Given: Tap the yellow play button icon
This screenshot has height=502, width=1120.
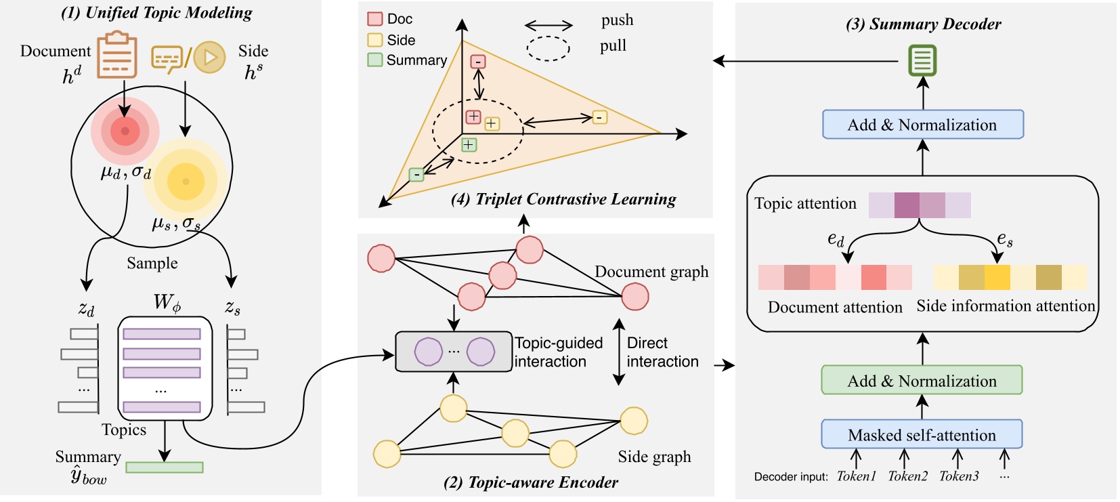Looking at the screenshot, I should coord(209,58).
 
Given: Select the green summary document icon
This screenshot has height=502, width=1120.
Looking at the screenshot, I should coord(922,60).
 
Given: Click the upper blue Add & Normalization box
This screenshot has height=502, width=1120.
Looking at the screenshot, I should coord(922,125).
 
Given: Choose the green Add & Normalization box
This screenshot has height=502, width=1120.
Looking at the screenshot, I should coord(922,381).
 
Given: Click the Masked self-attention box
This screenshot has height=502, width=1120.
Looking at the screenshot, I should coord(922,435).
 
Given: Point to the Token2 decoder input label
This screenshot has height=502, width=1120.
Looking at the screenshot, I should coord(907,476).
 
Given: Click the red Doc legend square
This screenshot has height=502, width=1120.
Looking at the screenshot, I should coord(374,19).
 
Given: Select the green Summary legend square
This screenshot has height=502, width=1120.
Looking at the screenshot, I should coord(374,60).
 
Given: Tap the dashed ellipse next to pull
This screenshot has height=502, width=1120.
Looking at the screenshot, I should coord(548,48).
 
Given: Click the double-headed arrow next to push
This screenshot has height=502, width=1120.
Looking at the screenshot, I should coord(548,26).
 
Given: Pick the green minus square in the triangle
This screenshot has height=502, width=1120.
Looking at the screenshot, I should coord(416,175).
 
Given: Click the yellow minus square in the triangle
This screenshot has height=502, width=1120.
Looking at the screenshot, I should coord(599,117).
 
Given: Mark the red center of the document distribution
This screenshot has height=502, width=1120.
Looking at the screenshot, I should coord(125,131).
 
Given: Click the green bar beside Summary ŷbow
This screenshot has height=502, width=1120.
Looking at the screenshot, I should coord(165,467).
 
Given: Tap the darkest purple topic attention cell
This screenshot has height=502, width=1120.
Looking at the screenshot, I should coord(907,205).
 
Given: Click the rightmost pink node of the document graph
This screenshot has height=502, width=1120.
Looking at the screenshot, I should coord(634,296).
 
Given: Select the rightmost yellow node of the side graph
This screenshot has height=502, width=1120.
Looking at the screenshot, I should coord(634,421).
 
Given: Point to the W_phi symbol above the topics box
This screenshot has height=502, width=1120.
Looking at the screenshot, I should coord(167,302).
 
